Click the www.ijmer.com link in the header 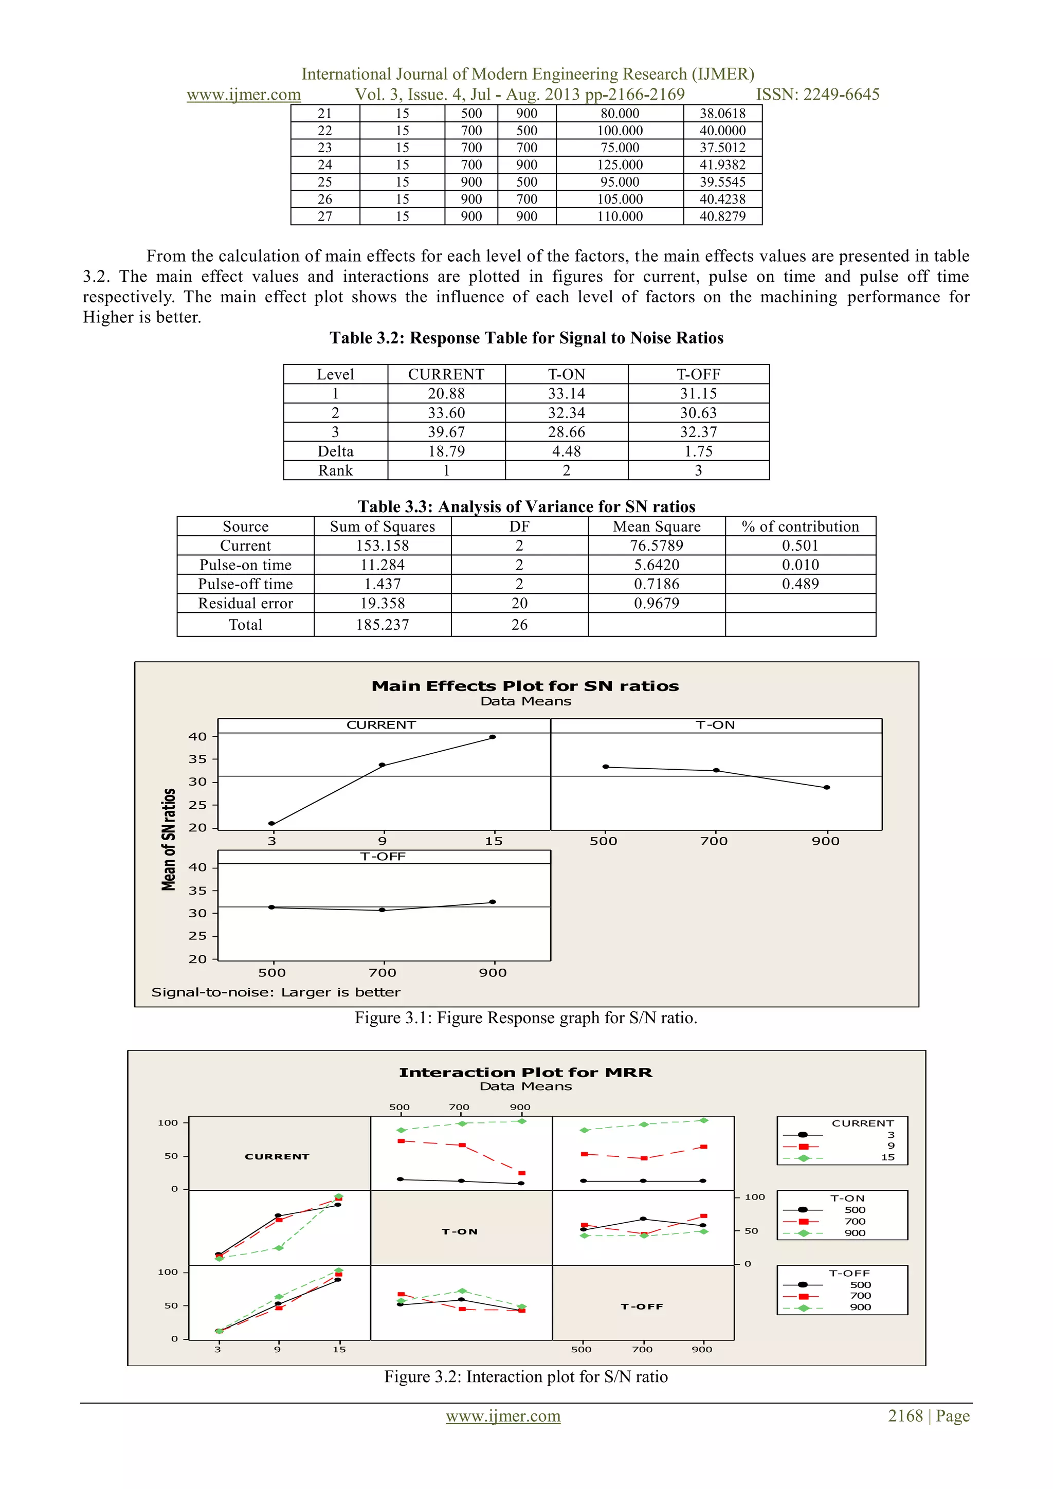[244, 95]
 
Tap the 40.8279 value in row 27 [722, 216]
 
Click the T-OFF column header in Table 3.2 [698, 374]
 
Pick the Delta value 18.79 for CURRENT [446, 451]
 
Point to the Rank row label [335, 471]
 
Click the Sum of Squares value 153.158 [382, 546]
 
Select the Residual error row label [245, 603]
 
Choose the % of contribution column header [800, 526]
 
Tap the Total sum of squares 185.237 [382, 625]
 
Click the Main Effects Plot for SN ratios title [525, 686]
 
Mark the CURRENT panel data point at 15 [493, 737]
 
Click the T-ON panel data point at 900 [827, 787]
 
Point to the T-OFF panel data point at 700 [382, 910]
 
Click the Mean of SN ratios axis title [169, 839]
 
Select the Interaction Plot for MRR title [525, 1073]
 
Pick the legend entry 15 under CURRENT [887, 1157]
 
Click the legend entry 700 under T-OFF [860, 1296]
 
